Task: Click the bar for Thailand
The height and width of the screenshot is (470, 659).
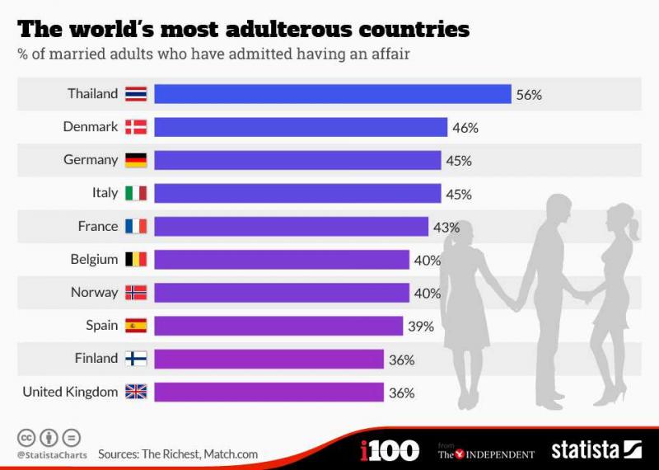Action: pos(333,94)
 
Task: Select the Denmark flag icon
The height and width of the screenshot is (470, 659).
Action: pos(136,127)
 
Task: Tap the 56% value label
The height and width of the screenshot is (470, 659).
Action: pos(529,95)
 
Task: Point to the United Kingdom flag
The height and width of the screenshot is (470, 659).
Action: pos(136,392)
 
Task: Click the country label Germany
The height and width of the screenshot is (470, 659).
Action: pos(91,160)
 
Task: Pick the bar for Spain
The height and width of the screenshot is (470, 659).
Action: pos(278,326)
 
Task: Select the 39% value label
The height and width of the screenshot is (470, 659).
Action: pos(421,327)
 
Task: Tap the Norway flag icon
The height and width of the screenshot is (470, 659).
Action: pos(136,293)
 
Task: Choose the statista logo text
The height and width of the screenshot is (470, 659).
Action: pos(585,450)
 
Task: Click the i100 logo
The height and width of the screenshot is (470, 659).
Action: pos(390,450)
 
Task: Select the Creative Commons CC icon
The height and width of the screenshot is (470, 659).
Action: pos(26,438)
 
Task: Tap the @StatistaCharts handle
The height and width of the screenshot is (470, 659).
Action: pos(50,455)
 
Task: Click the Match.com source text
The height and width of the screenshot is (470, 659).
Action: pos(231,454)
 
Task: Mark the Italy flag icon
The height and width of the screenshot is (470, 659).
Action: pos(136,193)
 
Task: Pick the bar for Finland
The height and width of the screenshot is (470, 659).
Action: pos(269,359)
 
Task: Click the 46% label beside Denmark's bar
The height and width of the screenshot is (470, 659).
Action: pos(465,128)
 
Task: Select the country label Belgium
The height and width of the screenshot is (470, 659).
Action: pos(94,259)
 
